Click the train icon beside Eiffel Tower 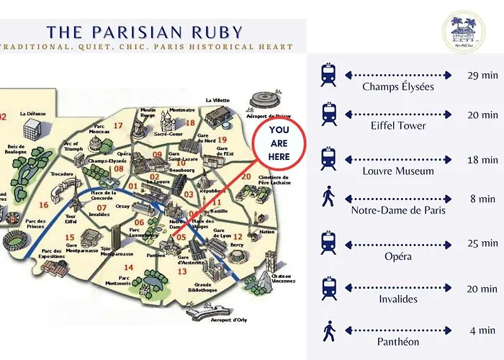[x=329, y=113]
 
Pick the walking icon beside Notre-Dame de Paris [x=329, y=198]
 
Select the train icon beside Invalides [x=329, y=287]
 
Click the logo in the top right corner [x=463, y=32]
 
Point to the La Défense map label [x=32, y=113]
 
